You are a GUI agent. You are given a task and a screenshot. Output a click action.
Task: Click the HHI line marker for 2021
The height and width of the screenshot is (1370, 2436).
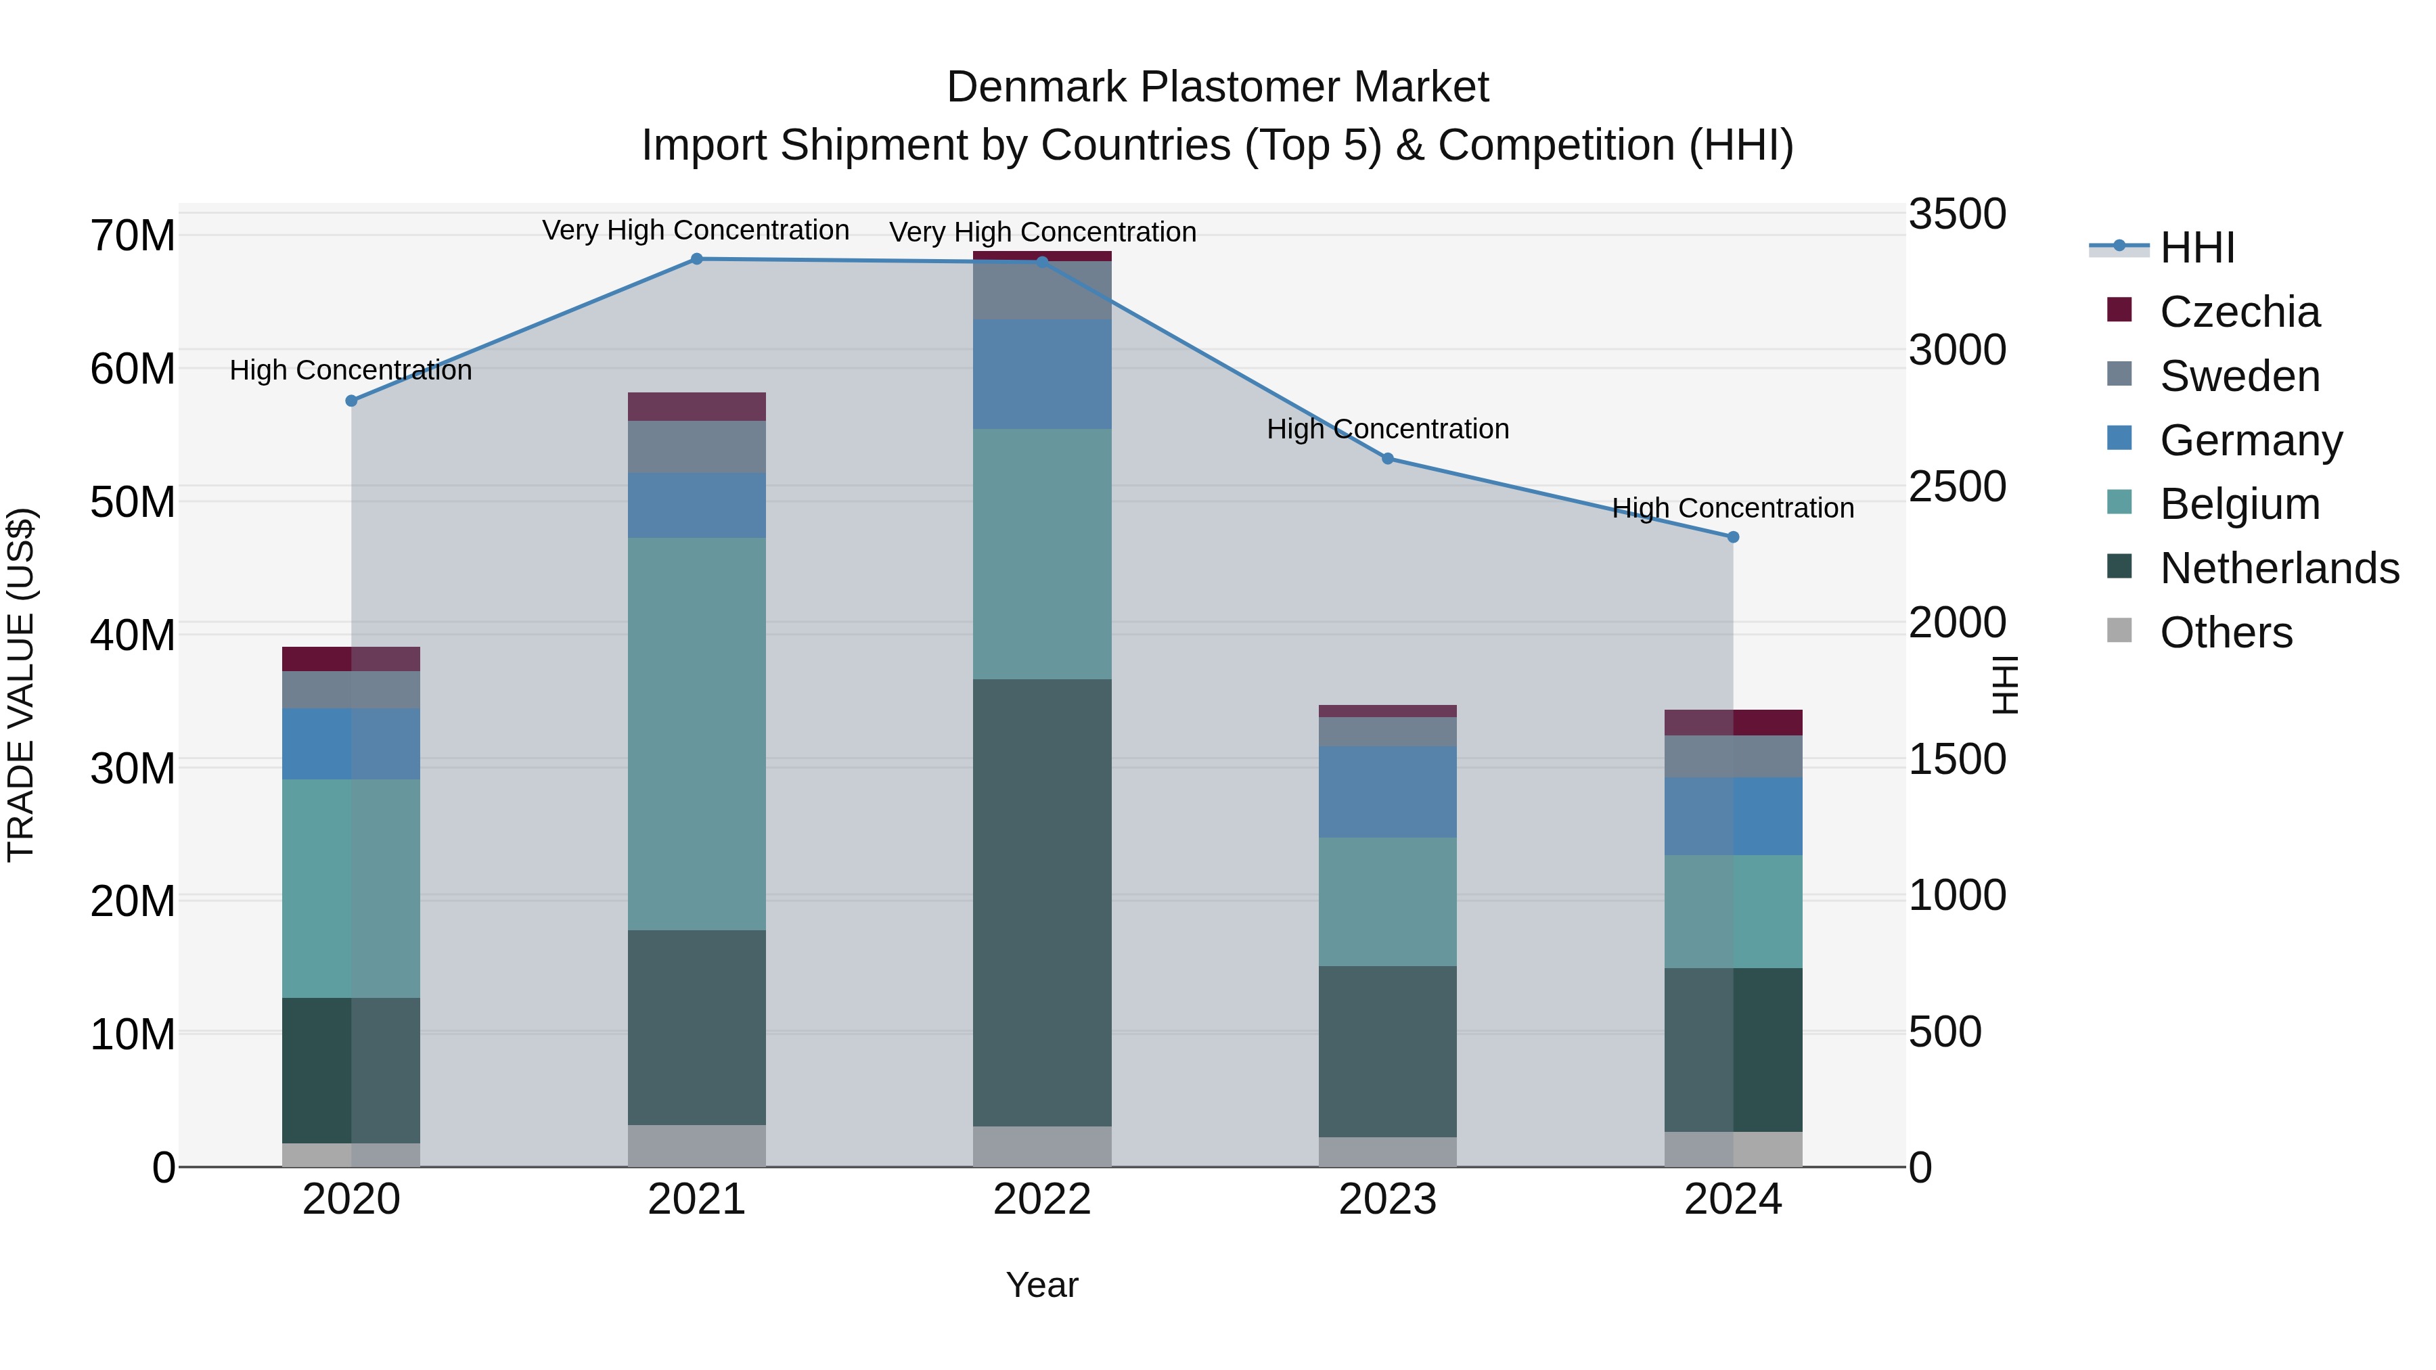696,259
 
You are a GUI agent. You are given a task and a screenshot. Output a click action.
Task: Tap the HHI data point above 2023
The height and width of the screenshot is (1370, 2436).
1387,459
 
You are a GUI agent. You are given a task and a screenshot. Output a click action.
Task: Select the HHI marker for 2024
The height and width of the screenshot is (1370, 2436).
1732,537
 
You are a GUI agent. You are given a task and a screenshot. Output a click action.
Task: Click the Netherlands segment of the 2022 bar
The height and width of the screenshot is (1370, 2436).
1042,903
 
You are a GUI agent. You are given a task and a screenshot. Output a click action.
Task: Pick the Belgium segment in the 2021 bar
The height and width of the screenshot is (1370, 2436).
696,733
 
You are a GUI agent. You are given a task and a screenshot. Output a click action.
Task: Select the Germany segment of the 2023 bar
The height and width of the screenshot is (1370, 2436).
1387,792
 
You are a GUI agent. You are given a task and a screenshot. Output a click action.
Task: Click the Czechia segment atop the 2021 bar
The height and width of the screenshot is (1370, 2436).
696,407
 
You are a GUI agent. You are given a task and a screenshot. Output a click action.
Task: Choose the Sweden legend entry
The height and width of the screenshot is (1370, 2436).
2238,376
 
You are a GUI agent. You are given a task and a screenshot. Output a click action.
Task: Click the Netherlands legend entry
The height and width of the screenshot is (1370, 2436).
2278,568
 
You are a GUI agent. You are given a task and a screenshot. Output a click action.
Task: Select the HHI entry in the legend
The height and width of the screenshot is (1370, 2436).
2196,248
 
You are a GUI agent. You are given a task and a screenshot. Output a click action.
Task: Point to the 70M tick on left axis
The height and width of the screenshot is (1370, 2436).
133,235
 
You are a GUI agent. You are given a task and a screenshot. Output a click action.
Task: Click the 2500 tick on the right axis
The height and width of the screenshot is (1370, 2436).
1956,487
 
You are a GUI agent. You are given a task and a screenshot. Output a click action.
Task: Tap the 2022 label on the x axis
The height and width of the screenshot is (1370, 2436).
1042,1200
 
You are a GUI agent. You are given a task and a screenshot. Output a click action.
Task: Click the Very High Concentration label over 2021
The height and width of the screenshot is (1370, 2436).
696,231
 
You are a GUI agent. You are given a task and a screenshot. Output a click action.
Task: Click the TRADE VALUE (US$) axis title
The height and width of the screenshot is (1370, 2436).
21,685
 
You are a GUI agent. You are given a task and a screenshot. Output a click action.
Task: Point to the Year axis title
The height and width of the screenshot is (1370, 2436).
1042,1285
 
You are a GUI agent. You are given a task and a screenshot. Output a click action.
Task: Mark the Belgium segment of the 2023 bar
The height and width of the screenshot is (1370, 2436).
1387,901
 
